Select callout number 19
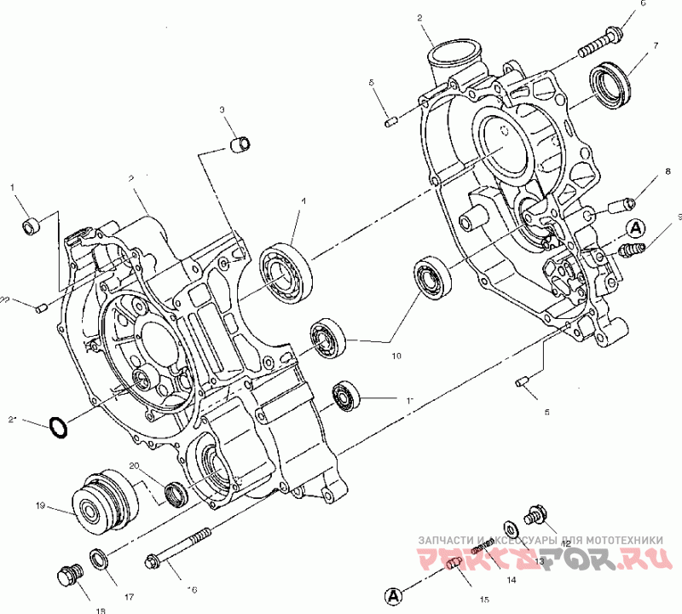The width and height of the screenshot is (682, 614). [x=40, y=506]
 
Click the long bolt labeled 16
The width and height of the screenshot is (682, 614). [x=178, y=548]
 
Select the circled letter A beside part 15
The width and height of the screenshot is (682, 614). [x=392, y=594]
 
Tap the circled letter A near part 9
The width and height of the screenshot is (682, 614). [x=634, y=228]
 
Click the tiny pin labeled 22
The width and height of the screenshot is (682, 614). [x=39, y=307]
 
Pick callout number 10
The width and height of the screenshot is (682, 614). [x=396, y=357]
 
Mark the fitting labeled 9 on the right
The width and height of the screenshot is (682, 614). [x=632, y=251]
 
